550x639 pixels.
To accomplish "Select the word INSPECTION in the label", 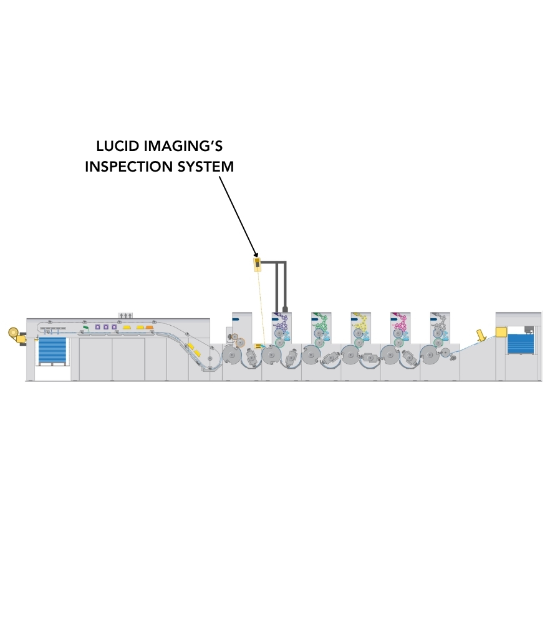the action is point(128,166).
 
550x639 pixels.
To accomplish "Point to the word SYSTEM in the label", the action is point(206,166).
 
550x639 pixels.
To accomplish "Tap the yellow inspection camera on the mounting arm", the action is point(257,265).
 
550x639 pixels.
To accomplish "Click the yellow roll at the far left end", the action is point(14,333).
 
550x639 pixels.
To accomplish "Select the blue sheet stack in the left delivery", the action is point(52,351).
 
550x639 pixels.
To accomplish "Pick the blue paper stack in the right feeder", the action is point(520,343).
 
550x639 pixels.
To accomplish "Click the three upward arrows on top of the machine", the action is point(126,315).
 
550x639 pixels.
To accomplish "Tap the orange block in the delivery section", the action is point(150,327).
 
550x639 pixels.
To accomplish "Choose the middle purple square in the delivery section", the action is point(106,327).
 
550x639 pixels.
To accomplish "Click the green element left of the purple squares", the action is point(86,327).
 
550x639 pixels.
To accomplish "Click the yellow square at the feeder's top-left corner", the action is point(501,332).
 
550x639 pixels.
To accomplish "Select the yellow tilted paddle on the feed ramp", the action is point(481,335).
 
